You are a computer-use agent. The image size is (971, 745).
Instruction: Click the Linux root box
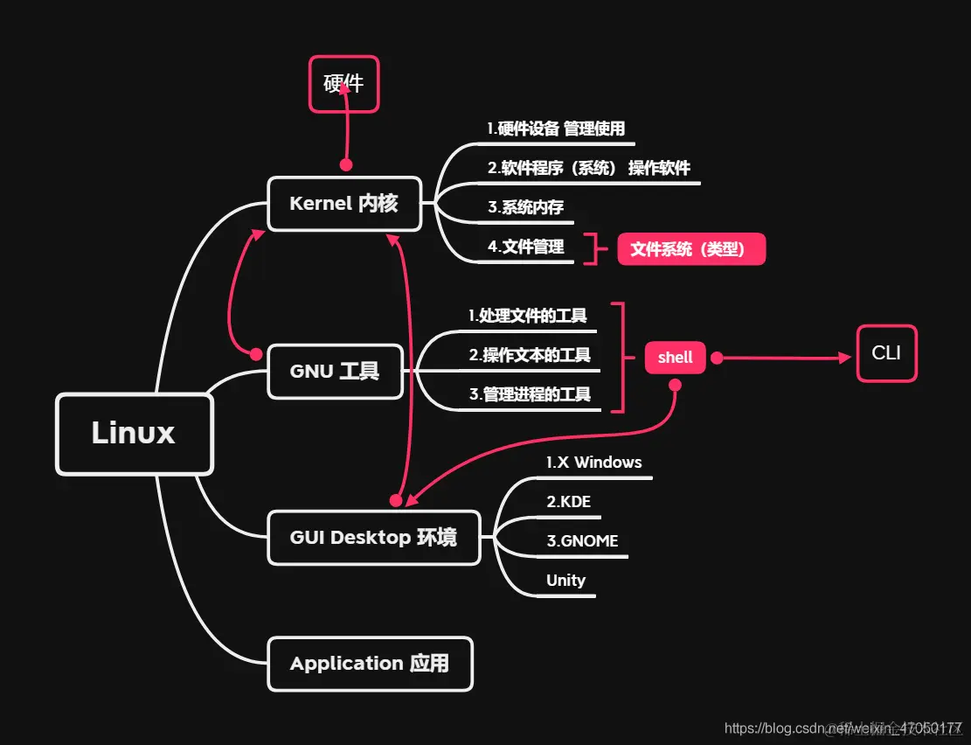[134, 434]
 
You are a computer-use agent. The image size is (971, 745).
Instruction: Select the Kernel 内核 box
[344, 204]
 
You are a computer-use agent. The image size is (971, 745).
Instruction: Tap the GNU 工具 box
[334, 372]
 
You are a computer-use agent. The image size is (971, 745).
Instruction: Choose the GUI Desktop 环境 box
[373, 537]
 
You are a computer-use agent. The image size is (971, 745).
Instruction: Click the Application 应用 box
[370, 664]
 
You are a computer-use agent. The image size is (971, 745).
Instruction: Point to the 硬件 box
[343, 84]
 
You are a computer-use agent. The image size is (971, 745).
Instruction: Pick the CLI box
[886, 353]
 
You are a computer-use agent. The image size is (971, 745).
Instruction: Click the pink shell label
[675, 357]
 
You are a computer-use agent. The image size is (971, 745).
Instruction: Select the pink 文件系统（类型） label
[691, 249]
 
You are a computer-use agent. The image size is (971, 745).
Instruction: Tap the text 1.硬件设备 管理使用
[556, 129]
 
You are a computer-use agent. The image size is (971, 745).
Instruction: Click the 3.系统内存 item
[525, 208]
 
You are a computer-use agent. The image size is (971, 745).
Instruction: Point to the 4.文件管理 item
[525, 247]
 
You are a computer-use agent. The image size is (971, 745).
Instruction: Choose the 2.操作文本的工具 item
[529, 355]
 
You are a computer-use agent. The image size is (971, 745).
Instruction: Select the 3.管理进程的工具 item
[529, 394]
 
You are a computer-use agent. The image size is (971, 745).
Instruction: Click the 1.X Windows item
[593, 463]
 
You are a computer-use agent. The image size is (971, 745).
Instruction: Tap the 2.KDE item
[569, 502]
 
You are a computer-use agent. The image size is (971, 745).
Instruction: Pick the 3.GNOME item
[582, 541]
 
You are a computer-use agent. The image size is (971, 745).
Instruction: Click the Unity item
[565, 581]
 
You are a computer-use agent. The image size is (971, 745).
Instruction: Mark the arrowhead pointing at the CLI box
[844, 358]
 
